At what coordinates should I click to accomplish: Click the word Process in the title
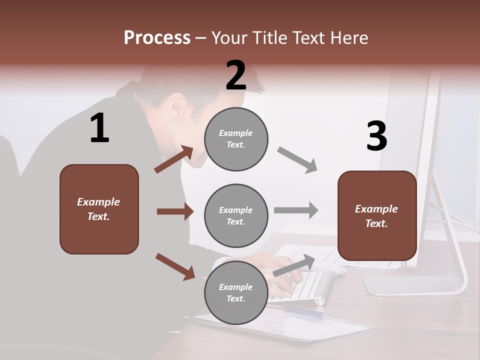click(x=157, y=37)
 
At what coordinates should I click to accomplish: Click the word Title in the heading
click(x=270, y=37)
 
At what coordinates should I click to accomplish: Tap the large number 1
click(x=99, y=128)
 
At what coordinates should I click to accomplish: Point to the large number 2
click(x=236, y=75)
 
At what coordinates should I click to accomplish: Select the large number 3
click(x=376, y=136)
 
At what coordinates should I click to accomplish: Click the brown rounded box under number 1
click(x=99, y=209)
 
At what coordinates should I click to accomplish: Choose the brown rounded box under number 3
click(x=377, y=216)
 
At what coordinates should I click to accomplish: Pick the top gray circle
click(x=236, y=139)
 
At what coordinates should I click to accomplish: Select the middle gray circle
click(x=236, y=216)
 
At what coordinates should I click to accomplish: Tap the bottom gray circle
click(x=236, y=292)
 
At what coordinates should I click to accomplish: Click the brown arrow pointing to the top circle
click(x=174, y=159)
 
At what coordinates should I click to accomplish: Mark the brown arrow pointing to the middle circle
click(x=175, y=211)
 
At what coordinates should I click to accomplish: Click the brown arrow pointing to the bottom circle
click(x=175, y=266)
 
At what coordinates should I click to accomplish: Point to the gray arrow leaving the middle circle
click(x=296, y=210)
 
